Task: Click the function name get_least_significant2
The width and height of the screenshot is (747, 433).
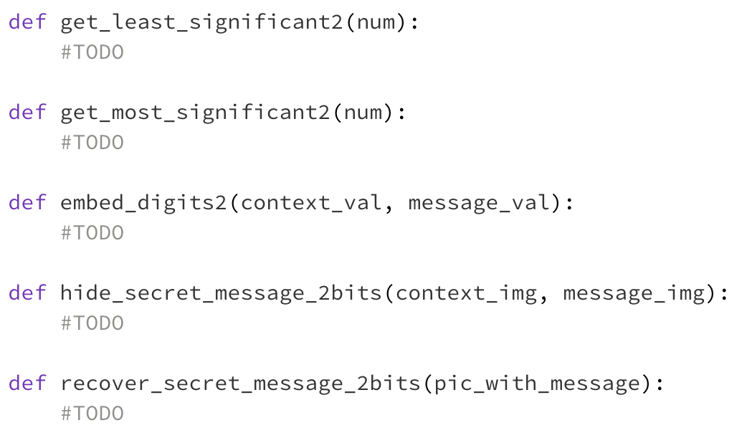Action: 201,22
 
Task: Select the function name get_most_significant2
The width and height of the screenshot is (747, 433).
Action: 195,113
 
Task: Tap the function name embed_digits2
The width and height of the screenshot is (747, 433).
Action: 143,203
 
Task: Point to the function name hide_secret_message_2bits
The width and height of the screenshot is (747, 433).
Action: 221,293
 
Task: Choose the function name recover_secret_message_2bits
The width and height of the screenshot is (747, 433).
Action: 241,384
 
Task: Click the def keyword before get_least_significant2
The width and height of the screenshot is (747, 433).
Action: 28,22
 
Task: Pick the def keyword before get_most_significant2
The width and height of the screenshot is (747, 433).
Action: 28,113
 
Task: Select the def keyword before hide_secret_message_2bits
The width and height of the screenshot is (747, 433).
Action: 28,293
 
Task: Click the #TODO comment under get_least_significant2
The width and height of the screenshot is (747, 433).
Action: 92,52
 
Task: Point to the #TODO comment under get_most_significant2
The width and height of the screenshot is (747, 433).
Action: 92,143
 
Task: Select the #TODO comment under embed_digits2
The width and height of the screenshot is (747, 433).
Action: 92,233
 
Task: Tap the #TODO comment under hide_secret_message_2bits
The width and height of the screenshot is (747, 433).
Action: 92,323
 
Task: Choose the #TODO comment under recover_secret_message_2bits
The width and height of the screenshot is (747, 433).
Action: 92,414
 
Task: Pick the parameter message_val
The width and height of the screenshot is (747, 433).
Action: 480,204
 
